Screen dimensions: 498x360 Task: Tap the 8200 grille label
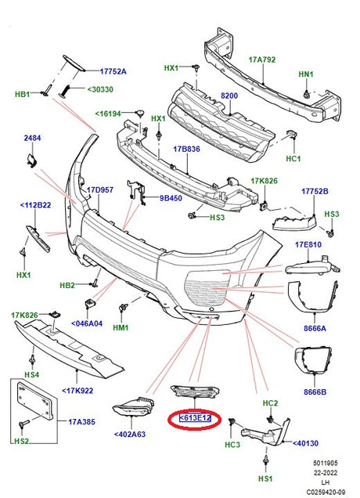(x=229, y=95)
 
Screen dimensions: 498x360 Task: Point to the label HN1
(x=305, y=75)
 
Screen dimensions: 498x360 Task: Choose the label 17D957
(x=101, y=189)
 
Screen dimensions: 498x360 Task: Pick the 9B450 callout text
(x=171, y=198)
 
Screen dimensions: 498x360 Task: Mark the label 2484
(x=32, y=138)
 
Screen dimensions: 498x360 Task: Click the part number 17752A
(x=113, y=71)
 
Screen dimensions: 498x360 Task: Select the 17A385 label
(x=81, y=422)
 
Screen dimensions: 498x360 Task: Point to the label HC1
(x=294, y=159)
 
